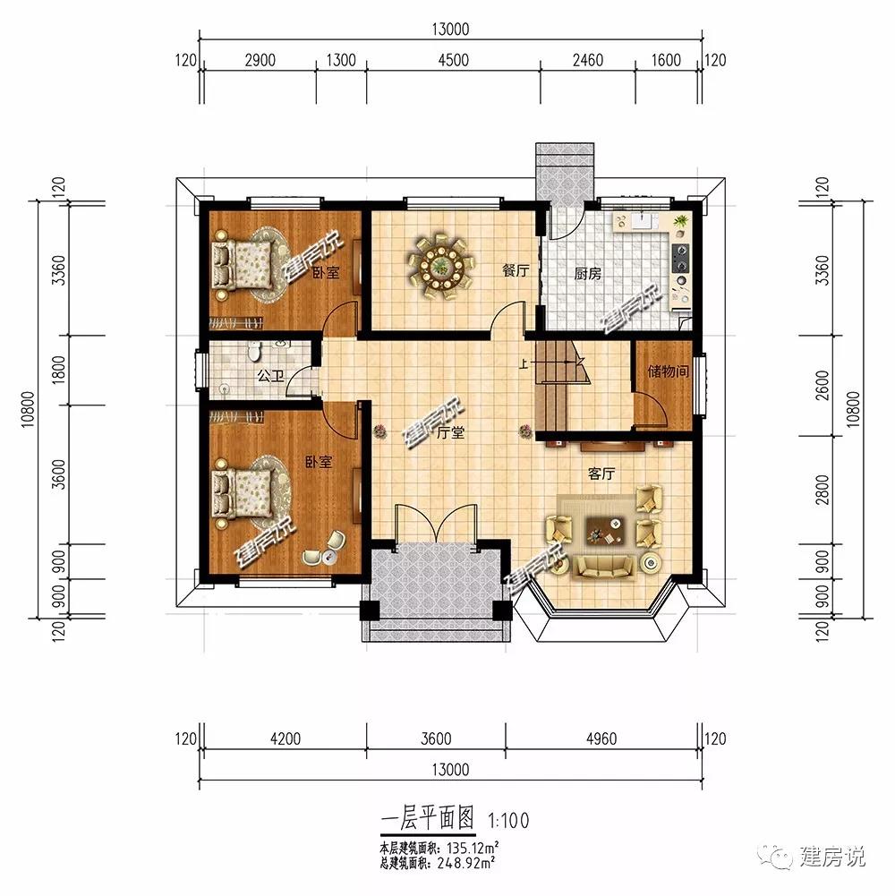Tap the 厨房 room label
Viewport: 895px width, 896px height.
pos(587,274)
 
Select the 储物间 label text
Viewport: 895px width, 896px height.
pos(669,369)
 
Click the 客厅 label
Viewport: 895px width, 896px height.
pos(601,474)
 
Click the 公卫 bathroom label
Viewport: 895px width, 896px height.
pos(270,377)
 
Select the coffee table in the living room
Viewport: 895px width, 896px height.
pos(605,531)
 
